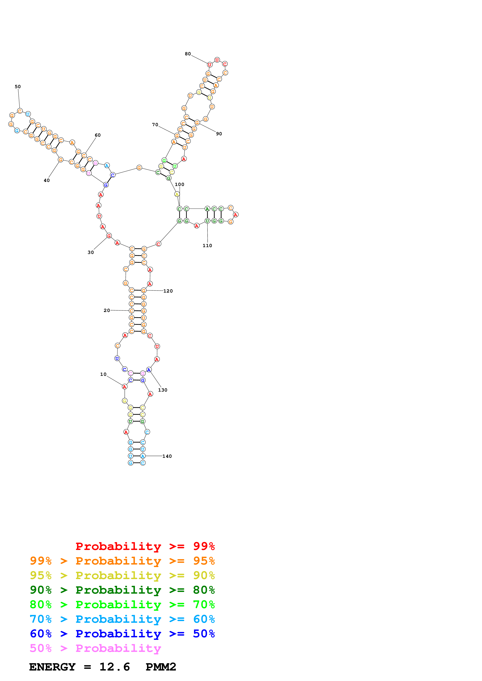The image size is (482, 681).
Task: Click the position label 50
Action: (x=18, y=87)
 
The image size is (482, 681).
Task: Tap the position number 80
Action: (x=188, y=54)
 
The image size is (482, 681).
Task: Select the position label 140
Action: (x=167, y=456)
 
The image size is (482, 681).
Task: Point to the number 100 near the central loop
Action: (x=179, y=184)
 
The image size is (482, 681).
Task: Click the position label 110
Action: (x=207, y=246)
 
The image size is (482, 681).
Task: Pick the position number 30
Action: (x=91, y=252)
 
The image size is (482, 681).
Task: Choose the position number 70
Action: (x=155, y=125)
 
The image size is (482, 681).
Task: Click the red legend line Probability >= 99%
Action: (x=145, y=546)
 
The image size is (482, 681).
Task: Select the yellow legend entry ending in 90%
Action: (x=122, y=575)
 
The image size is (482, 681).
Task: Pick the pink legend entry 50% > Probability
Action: (x=95, y=648)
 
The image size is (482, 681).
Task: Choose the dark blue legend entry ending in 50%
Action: (x=122, y=634)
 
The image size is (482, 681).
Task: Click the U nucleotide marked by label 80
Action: (x=210, y=65)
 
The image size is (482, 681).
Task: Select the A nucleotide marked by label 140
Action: (x=143, y=456)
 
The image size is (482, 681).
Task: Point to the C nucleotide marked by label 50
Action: (x=20, y=111)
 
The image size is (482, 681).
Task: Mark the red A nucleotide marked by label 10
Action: (x=124, y=387)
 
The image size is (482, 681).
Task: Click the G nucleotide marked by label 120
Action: (x=143, y=290)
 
